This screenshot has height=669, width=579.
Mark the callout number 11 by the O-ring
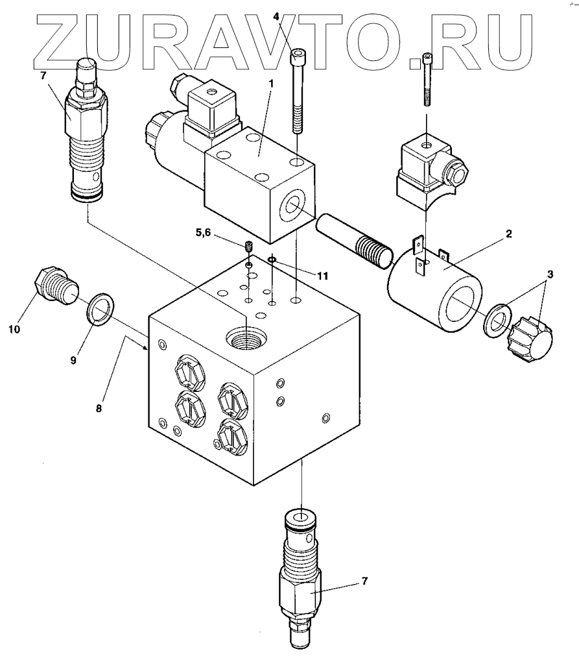pos(322,275)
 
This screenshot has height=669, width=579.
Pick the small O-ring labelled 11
pos(272,260)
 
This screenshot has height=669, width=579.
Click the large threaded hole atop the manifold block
pos(246,336)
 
